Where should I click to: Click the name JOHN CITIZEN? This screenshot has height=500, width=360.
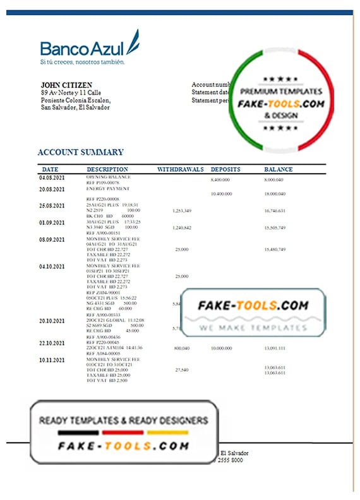click(65, 85)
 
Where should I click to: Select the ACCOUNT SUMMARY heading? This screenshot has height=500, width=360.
click(80, 152)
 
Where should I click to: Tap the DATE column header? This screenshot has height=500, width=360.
click(50, 170)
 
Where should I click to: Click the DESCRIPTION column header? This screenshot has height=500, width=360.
click(107, 170)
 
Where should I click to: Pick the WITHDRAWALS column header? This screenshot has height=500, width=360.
click(180, 170)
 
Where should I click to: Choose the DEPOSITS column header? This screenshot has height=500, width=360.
click(225, 170)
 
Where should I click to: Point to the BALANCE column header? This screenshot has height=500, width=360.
click(279, 170)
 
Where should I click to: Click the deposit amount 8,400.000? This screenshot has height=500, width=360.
click(220, 181)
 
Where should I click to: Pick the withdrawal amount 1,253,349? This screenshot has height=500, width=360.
click(182, 210)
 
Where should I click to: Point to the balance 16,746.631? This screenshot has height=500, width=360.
click(275, 210)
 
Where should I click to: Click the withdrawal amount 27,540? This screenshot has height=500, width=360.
click(182, 369)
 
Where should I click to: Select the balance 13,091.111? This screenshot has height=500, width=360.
click(275, 348)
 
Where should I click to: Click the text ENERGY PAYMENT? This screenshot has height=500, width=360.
click(107, 189)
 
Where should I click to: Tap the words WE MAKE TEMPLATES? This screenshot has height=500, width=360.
click(253, 328)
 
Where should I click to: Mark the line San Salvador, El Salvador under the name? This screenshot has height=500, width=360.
click(75, 107)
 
